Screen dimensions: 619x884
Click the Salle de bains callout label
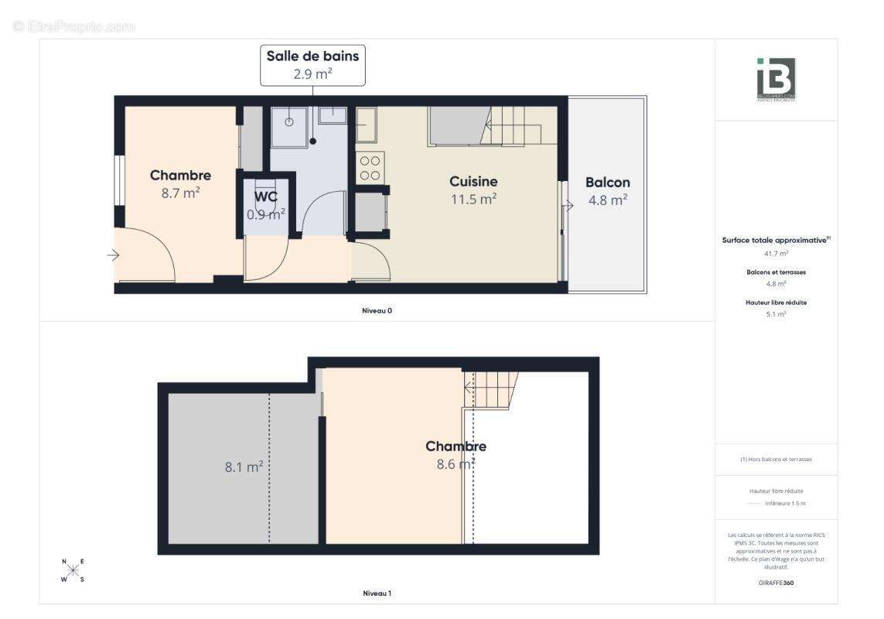(x=312, y=65)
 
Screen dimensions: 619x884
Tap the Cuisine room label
(x=473, y=182)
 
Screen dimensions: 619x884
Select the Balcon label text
(x=607, y=183)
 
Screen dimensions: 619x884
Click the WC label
(x=265, y=197)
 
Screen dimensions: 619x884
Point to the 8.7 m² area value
(x=180, y=193)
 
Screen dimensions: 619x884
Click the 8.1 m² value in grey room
(x=244, y=467)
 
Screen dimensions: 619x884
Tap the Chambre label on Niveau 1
(x=456, y=446)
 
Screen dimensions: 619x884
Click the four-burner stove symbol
(x=370, y=168)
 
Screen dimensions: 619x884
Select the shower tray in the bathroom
(x=288, y=126)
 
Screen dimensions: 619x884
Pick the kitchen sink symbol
(x=366, y=125)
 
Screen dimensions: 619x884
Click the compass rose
(x=73, y=571)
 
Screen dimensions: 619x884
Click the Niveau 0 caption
(x=377, y=310)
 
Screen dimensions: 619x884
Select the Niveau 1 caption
(x=377, y=593)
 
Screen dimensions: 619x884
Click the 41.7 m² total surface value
(x=775, y=253)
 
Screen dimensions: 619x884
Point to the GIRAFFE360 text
(x=776, y=583)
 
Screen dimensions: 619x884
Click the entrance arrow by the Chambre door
(x=113, y=255)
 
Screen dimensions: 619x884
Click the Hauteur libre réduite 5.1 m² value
(x=775, y=314)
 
